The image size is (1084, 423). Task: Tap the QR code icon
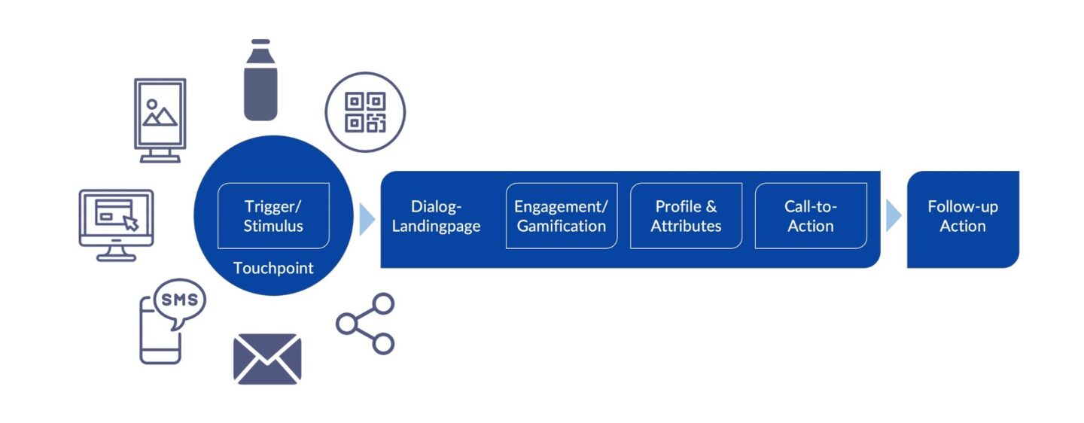[x=365, y=112]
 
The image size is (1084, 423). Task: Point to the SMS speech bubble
[x=179, y=301]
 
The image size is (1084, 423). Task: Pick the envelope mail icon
[x=267, y=358]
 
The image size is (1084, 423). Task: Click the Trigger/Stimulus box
[x=273, y=215]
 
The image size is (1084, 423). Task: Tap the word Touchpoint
[x=273, y=268]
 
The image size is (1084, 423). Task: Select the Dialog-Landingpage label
[x=437, y=216]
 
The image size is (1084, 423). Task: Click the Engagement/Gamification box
[x=561, y=215]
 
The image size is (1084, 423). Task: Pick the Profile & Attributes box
[x=686, y=215]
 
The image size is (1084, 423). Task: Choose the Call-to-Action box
[x=811, y=215]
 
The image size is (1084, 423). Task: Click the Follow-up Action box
[x=962, y=216]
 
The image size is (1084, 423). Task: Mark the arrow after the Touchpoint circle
[x=367, y=218]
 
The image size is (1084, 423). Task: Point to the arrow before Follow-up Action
[x=894, y=216]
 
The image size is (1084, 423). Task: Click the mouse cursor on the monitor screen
[x=131, y=222]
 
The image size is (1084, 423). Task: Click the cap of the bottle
[x=260, y=44]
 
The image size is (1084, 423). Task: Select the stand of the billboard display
[x=160, y=156]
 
